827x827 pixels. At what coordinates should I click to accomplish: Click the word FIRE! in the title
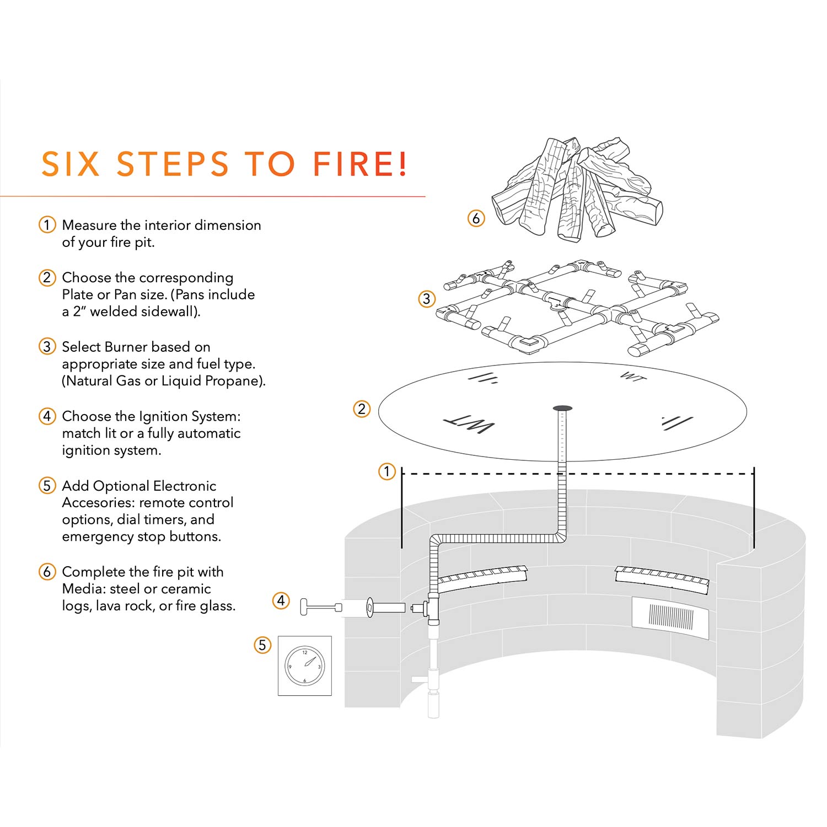(x=360, y=164)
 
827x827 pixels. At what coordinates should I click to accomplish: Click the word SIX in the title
(x=71, y=164)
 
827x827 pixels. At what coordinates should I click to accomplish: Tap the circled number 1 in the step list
(x=47, y=225)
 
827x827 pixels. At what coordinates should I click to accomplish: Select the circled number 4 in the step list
(x=47, y=416)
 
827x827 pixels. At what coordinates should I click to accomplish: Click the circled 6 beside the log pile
(x=476, y=218)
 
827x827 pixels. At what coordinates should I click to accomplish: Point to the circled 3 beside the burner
(x=427, y=299)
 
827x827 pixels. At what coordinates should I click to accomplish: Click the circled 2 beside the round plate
(x=362, y=409)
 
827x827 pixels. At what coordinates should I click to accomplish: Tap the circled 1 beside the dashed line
(x=387, y=471)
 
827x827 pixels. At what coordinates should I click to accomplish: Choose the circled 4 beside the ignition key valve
(x=281, y=600)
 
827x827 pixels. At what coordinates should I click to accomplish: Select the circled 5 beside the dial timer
(x=262, y=645)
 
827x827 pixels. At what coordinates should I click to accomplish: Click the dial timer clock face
(x=305, y=665)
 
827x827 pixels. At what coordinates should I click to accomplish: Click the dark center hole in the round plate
(x=562, y=409)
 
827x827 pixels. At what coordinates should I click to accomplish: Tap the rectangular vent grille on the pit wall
(x=670, y=617)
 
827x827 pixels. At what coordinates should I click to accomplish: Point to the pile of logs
(x=576, y=190)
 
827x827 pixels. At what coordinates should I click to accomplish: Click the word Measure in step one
(x=89, y=225)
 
